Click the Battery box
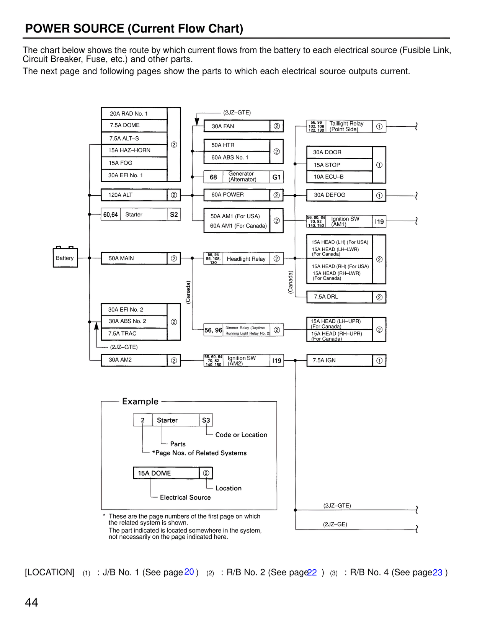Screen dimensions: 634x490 pyautogui.click(x=65, y=258)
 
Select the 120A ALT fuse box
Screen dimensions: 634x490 pyautogui.click(x=134, y=195)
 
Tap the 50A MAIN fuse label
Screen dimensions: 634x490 pyautogui.click(x=121, y=258)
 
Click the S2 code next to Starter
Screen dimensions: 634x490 pyautogui.click(x=174, y=215)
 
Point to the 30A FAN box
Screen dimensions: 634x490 pyautogui.click(x=237, y=126)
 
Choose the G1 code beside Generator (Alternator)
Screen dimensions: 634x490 pyautogui.click(x=276, y=177)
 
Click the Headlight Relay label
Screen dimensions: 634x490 pyautogui.click(x=246, y=259)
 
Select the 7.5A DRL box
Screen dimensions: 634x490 pyautogui.click(x=340, y=297)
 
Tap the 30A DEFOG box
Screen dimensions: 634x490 pyautogui.click(x=340, y=195)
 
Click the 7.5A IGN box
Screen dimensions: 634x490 pyautogui.click(x=340, y=360)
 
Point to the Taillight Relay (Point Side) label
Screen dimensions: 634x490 pyautogui.click(x=346, y=126)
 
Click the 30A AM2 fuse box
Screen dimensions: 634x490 pyautogui.click(x=134, y=360)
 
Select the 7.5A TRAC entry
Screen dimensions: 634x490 pyautogui.click(x=122, y=334)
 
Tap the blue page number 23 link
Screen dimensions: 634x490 pyautogui.click(x=438, y=572)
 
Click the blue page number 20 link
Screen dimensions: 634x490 pyautogui.click(x=189, y=572)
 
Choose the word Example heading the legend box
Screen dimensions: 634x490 pyautogui.click(x=140, y=402)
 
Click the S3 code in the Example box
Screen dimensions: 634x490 pyautogui.click(x=206, y=420)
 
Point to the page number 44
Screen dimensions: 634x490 pyautogui.click(x=31, y=603)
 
